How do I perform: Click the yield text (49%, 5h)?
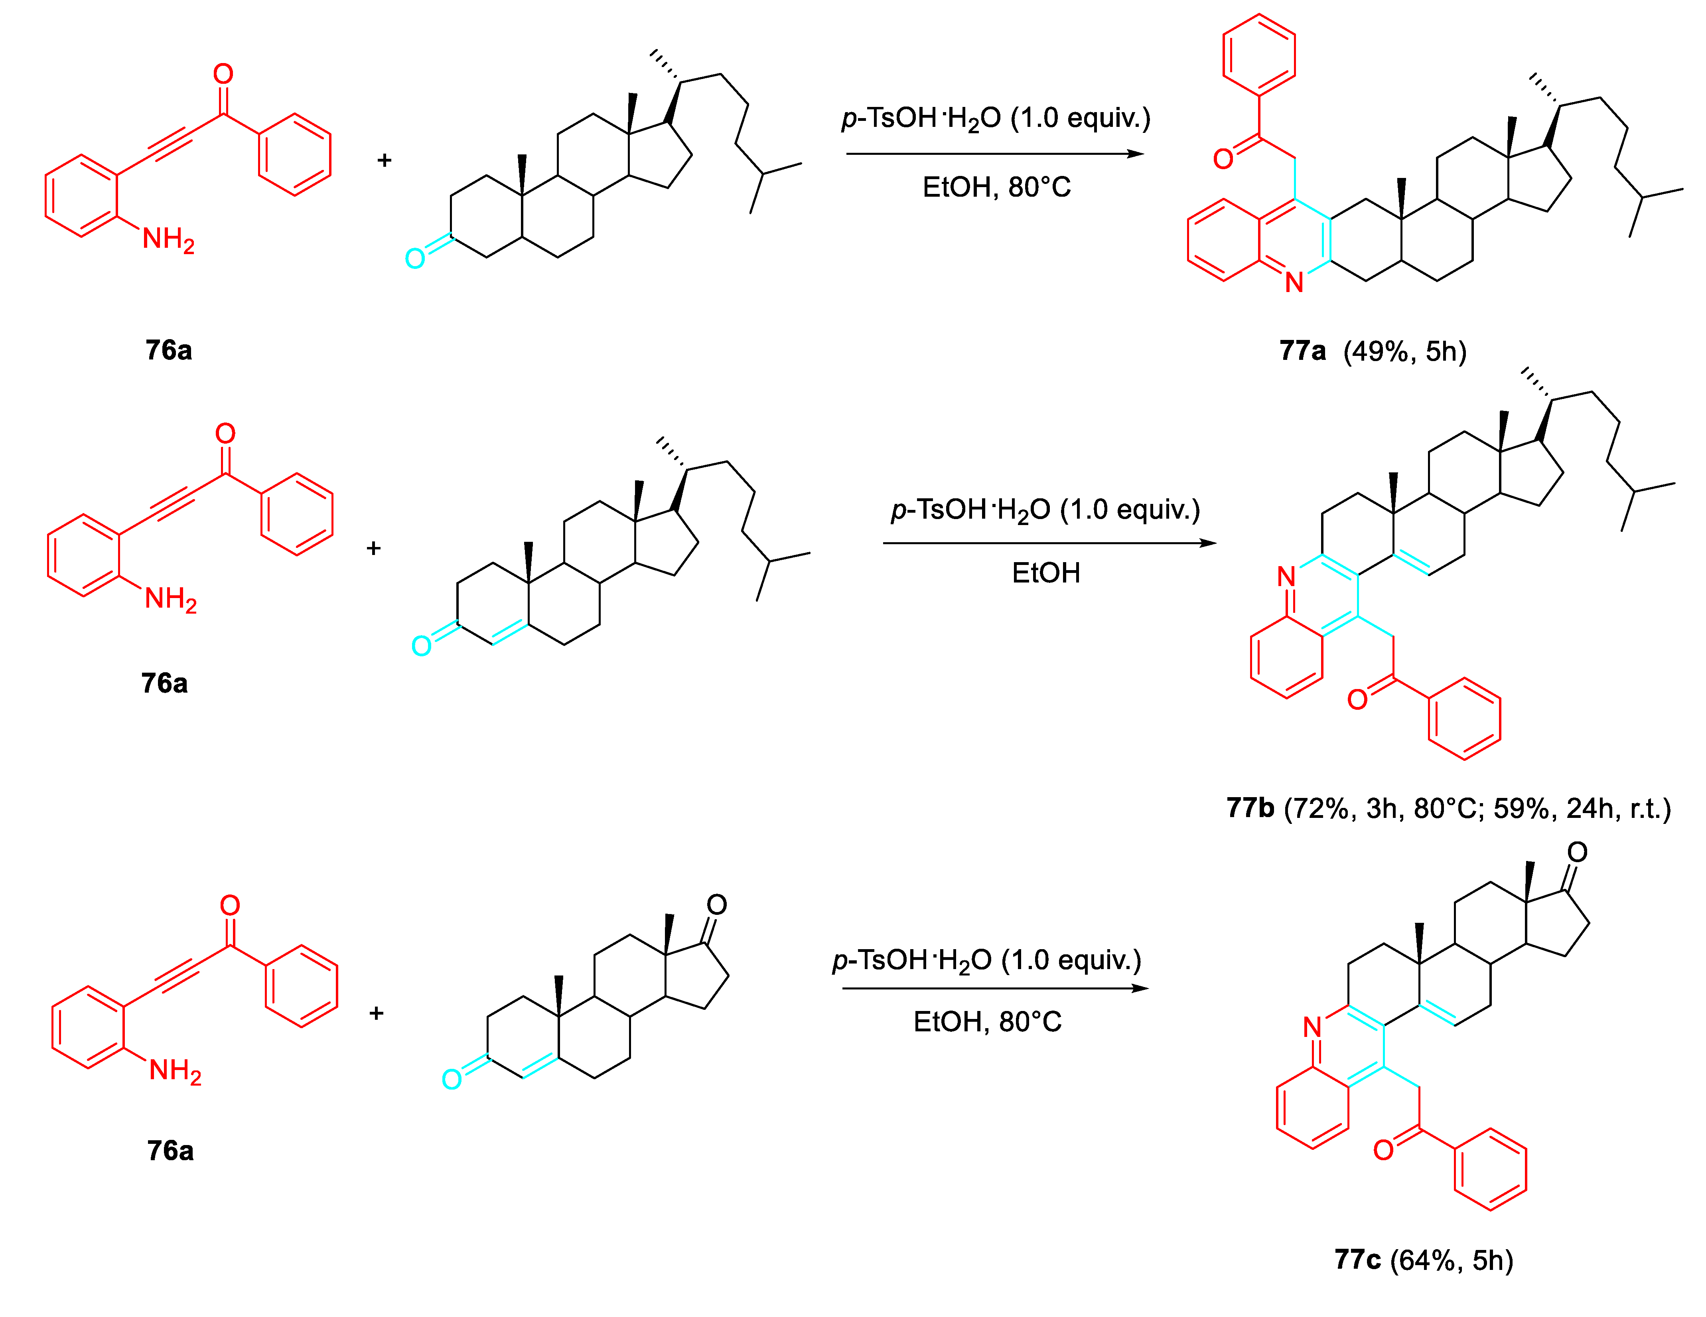point(1404,351)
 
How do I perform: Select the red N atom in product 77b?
point(1286,577)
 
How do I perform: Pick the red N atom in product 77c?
point(1312,1027)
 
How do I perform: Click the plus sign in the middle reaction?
point(373,548)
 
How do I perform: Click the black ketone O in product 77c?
point(1577,852)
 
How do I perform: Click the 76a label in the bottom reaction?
point(170,1151)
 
